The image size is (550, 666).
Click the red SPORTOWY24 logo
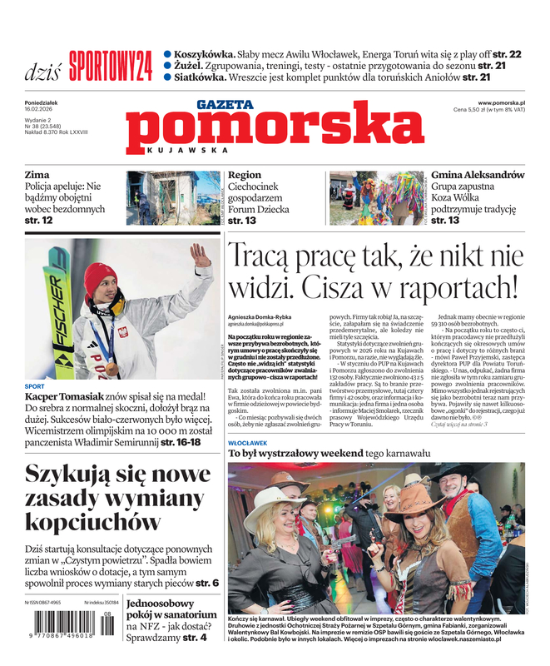coord(111,65)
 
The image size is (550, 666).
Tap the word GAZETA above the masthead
coord(225,105)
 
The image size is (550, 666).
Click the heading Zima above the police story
coord(38,176)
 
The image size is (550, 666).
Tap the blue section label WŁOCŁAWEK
coord(247,443)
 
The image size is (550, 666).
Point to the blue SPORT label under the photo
coord(35,386)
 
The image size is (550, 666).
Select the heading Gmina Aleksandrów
coord(478,176)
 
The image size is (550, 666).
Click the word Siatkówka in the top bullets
coord(202,77)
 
